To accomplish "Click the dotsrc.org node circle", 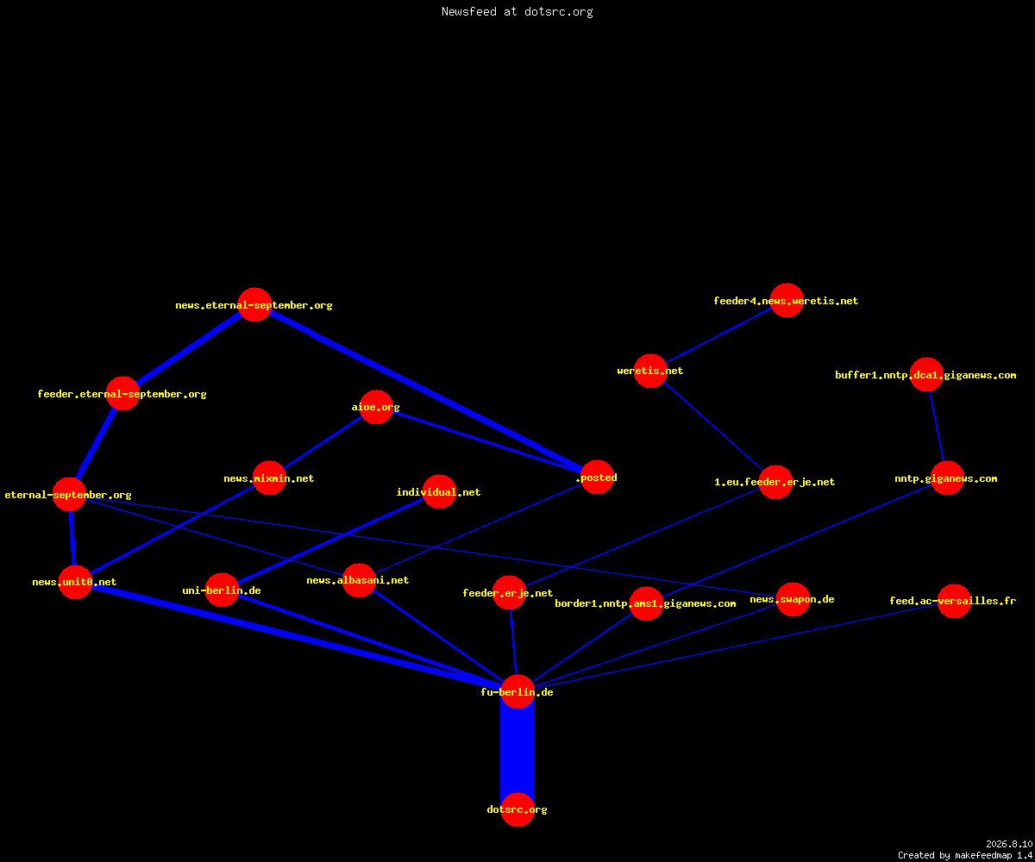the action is tap(517, 809).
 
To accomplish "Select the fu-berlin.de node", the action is tap(517, 691).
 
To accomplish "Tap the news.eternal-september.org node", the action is tap(254, 304).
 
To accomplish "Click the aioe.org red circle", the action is tap(376, 407).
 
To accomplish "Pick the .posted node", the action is tap(598, 477).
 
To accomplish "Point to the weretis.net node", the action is tap(650, 371).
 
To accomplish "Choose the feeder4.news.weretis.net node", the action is tap(787, 300).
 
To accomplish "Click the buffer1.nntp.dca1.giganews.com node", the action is tap(926, 374).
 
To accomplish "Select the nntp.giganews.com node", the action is tap(947, 478).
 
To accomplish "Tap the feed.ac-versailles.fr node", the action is tap(954, 601).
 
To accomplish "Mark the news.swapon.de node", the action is tap(793, 599).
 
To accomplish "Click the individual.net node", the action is tap(439, 492).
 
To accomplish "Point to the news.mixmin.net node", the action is tap(269, 478).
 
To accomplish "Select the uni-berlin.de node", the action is tap(222, 590).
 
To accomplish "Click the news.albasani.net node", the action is tap(359, 580).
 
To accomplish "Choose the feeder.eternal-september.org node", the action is tap(122, 393).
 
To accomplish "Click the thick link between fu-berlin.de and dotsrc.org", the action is tap(517, 751).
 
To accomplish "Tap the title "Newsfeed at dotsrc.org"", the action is tap(517, 11).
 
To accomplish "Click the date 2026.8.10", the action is tap(1009, 844).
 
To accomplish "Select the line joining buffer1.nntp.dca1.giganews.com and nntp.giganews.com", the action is tap(937, 427).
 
